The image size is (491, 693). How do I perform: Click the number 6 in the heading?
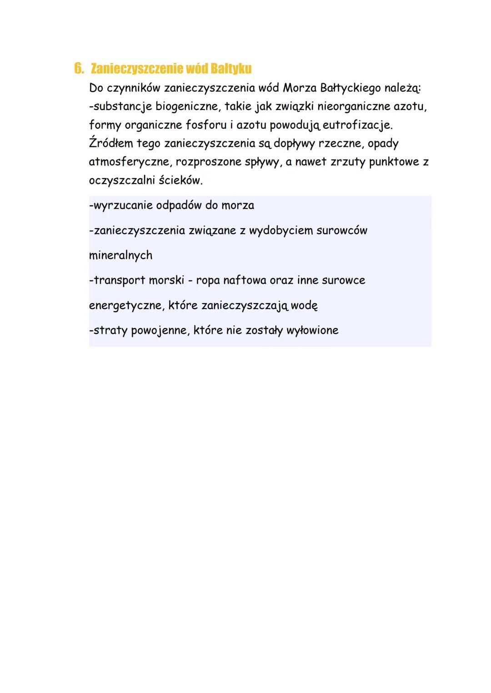click(78, 69)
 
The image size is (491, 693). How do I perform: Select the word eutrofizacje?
click(357, 125)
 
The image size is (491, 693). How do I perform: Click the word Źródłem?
click(111, 144)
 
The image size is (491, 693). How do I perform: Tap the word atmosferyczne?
click(128, 162)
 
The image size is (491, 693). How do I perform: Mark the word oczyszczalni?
click(122, 181)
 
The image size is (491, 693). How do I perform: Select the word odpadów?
click(179, 205)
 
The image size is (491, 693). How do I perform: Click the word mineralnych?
click(120, 255)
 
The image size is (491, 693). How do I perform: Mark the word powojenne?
click(160, 330)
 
